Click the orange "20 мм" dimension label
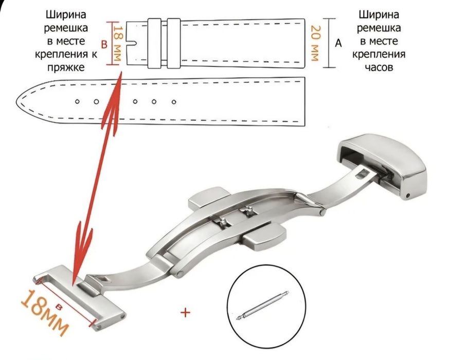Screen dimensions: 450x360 click(x=315, y=44)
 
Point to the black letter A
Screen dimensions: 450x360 click(x=338, y=44)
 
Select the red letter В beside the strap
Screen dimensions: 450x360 click(x=104, y=45)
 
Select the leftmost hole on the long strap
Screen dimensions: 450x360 click(x=77, y=102)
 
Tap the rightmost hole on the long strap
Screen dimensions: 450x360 click(x=173, y=102)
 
